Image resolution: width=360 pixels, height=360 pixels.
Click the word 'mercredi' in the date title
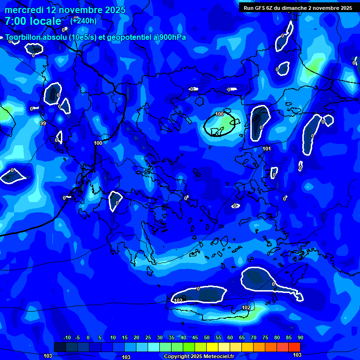click(24, 10)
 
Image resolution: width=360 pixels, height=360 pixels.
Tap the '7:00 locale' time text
click(33, 21)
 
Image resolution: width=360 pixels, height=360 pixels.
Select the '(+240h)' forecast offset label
click(83, 21)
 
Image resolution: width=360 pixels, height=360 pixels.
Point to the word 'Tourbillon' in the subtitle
click(24, 37)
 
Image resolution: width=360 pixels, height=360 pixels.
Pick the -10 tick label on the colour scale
click(67, 338)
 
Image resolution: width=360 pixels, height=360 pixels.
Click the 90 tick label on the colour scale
click(300, 338)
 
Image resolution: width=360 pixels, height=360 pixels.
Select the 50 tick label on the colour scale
click(207, 338)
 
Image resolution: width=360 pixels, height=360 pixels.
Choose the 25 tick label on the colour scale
click(148, 338)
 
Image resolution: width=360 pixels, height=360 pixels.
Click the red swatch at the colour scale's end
click(294, 347)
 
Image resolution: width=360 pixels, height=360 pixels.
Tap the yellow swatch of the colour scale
click(212, 347)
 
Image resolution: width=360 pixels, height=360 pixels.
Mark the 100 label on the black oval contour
click(220, 114)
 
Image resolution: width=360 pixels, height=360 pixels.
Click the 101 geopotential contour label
click(267, 149)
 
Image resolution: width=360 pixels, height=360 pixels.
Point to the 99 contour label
click(43, 123)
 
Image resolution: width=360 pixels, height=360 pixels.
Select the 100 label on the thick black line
click(98, 143)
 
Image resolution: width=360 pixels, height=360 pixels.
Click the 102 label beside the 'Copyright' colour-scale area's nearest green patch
click(246, 307)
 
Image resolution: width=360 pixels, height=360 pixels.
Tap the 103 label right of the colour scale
click(297, 355)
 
